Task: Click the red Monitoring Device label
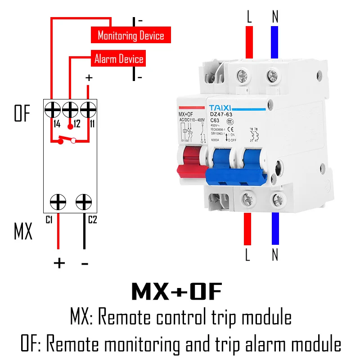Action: pos(131,35)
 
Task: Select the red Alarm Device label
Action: pos(119,59)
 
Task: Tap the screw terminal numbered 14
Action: pos(53,109)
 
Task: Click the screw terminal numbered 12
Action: pos(70,109)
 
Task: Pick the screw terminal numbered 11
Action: pos(88,109)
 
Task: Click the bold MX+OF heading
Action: pos(177,292)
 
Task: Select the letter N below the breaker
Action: pos(275,255)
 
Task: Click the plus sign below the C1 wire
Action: pos(59,262)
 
